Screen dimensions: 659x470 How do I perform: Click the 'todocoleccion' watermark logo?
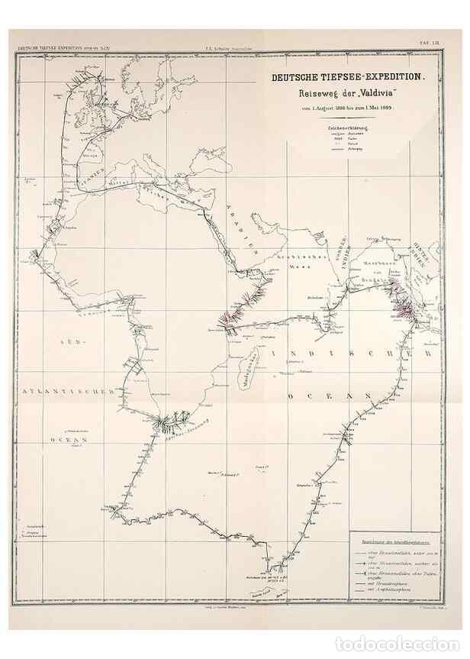(428, 644)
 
